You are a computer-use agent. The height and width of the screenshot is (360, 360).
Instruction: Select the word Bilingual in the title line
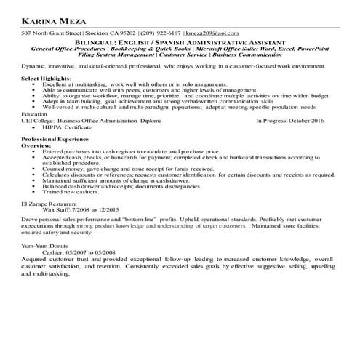pyautogui.click(x=148, y=42)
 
